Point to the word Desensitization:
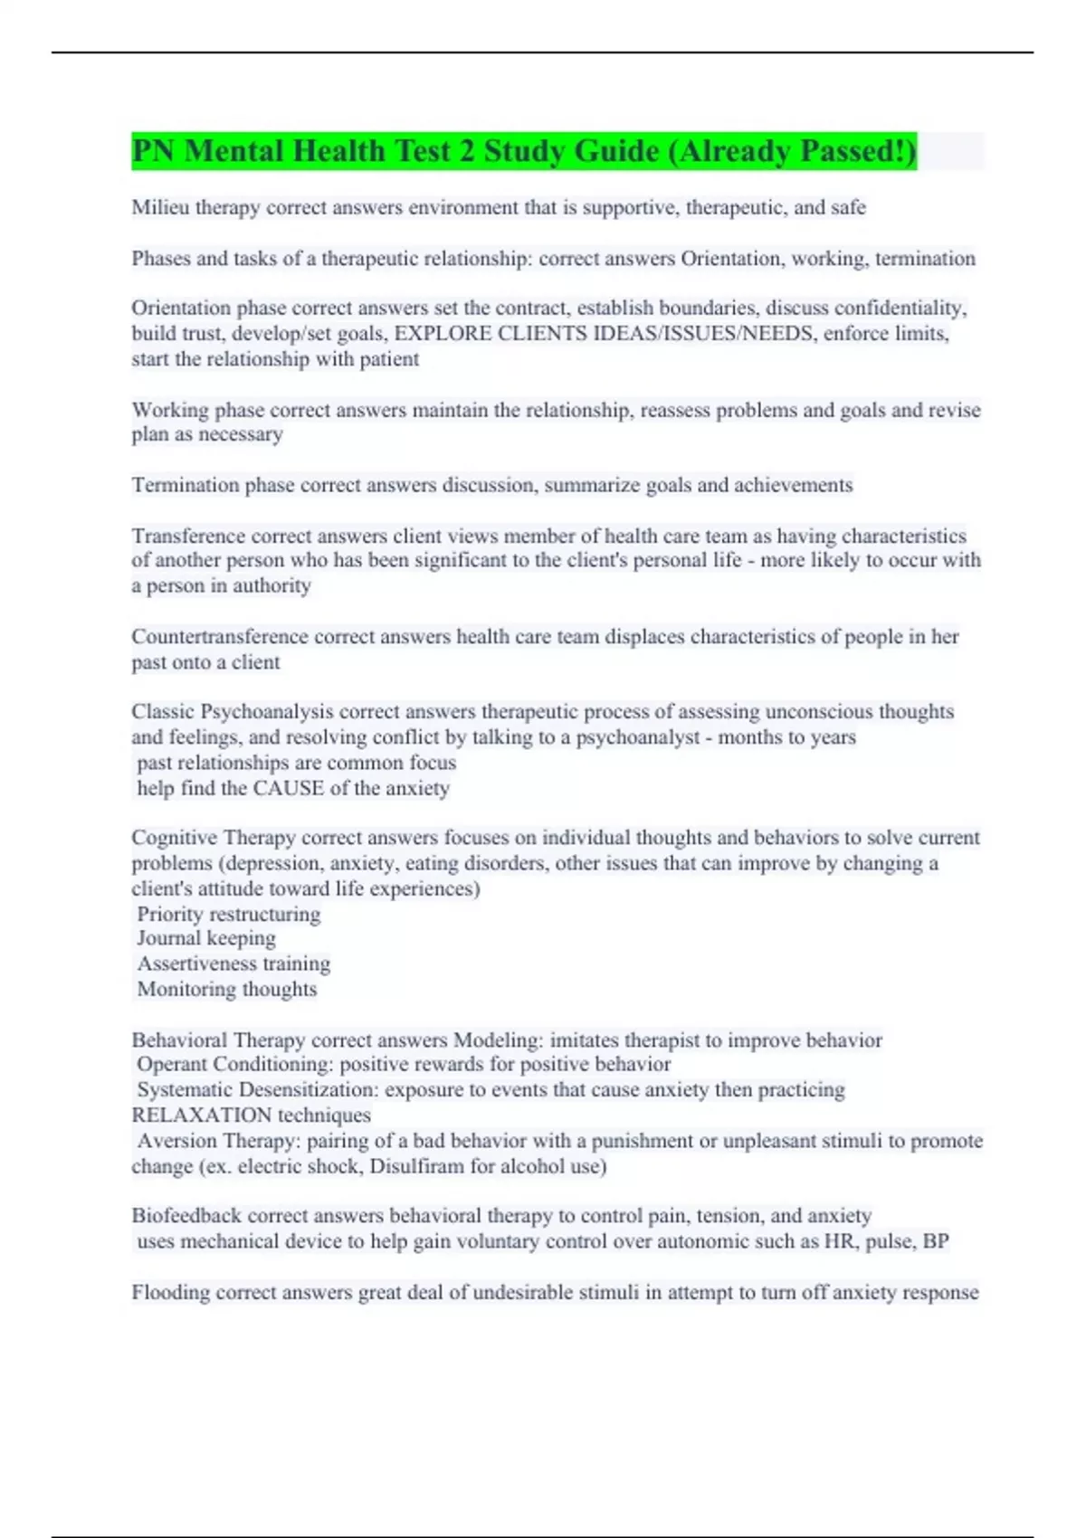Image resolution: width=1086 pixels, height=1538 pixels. [319, 1089]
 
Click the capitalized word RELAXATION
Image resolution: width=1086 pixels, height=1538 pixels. [188, 1115]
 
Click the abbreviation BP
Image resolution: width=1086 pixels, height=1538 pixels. [936, 1241]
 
